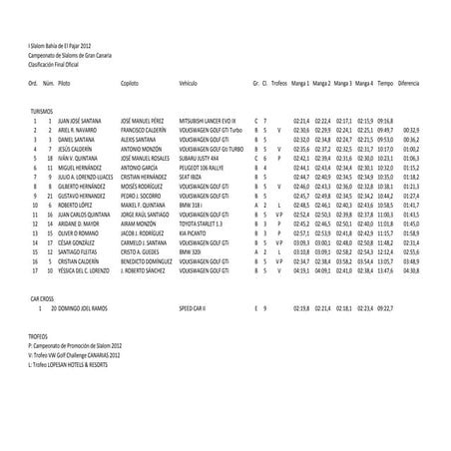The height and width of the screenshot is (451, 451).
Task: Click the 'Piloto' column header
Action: (x=65, y=86)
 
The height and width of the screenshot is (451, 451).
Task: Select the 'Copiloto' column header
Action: (x=129, y=86)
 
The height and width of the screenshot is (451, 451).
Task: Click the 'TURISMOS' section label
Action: (x=44, y=111)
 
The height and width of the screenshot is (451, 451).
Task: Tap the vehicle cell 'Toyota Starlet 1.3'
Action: (x=205, y=224)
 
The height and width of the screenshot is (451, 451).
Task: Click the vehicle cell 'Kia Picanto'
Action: (x=196, y=232)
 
